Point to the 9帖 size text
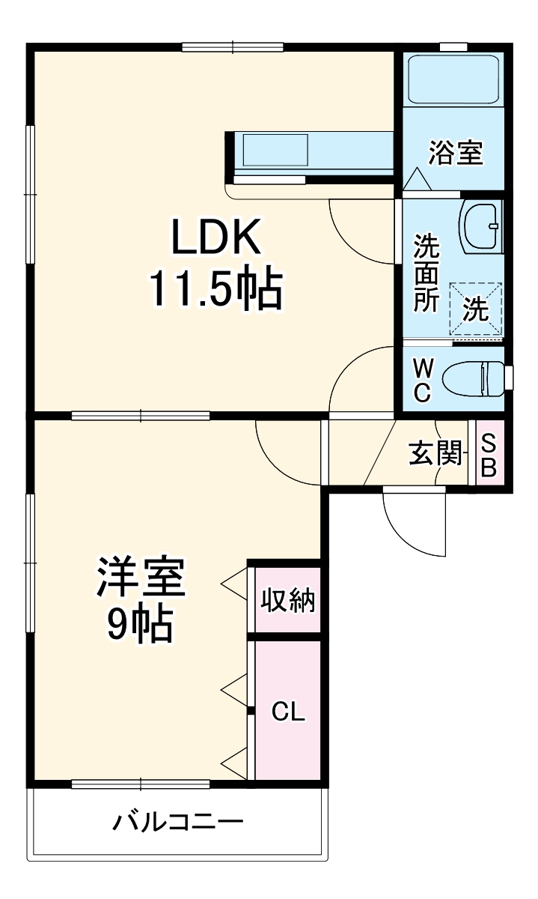pyautogui.click(x=139, y=623)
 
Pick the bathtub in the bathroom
pyautogui.click(x=453, y=81)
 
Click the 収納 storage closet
pyautogui.click(x=288, y=599)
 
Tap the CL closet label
pyautogui.click(x=288, y=712)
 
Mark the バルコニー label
pyautogui.click(x=178, y=823)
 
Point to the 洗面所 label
pyautogui.click(x=427, y=273)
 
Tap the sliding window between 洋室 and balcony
pyautogui.click(x=141, y=784)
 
